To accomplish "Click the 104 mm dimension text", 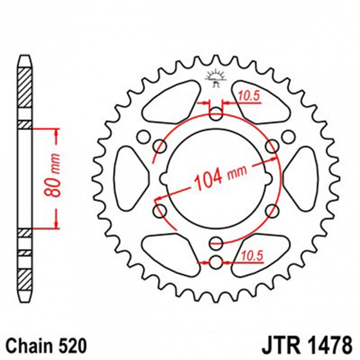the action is [220, 177].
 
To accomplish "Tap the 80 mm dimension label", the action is [53, 176].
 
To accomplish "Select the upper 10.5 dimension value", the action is [249, 96].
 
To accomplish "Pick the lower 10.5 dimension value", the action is [252, 256].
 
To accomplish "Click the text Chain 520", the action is [47, 345].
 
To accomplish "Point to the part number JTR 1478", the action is [307, 345].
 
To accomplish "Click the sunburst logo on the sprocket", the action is [216, 78].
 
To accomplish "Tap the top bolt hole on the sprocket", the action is [216, 114].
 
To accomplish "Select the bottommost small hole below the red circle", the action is [216, 262].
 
